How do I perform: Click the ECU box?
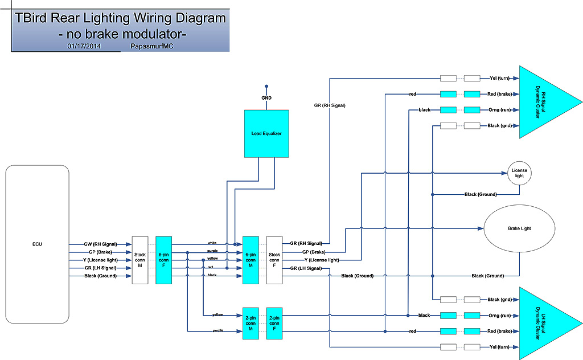coord(37,245)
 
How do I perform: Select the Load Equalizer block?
coord(266,133)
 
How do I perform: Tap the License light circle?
coord(519,173)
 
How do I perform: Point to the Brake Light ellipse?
coord(519,228)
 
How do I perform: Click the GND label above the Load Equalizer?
coord(266,98)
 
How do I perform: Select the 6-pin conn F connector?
coord(163,260)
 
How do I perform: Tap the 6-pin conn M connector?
coord(251,260)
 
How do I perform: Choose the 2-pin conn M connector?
coord(251,323)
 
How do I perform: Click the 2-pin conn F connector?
coord(274,323)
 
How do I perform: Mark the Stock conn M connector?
coord(140,260)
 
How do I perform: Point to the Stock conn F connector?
coord(274,260)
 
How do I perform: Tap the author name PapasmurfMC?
coord(152,46)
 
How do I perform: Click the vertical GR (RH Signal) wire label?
coord(330,105)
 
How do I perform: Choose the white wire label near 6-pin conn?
coord(212,243)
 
